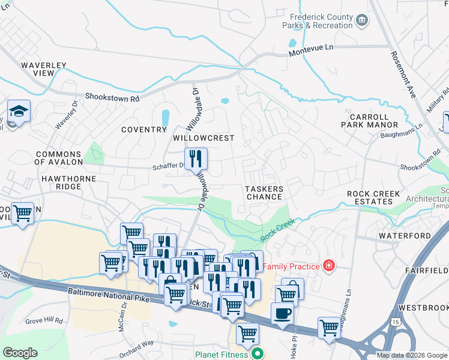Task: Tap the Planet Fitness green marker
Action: [x=258, y=353]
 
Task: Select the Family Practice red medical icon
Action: [x=328, y=265]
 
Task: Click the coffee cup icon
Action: [x=282, y=312]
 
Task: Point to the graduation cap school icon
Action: [x=19, y=111]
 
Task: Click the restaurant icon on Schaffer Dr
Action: [x=196, y=158]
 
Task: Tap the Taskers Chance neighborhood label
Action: [x=264, y=193]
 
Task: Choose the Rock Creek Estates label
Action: [x=378, y=197]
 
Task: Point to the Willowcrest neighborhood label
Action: [x=203, y=138]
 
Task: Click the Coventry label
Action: [x=143, y=130]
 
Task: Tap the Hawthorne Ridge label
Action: [x=61, y=182]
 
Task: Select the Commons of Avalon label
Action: [x=58, y=158]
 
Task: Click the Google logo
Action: [x=20, y=353]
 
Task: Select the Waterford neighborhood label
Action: [x=405, y=236]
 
